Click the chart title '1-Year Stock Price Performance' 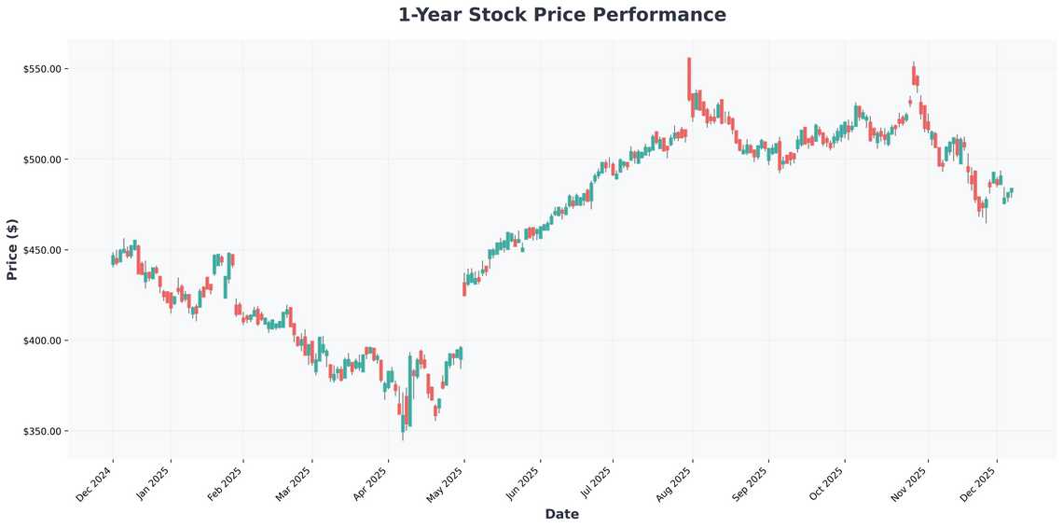(561, 15)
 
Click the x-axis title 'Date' (561, 514)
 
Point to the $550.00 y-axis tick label (42, 69)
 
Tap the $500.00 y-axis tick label (42, 160)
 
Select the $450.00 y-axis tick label (42, 250)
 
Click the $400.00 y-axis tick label (42, 340)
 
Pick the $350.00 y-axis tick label (42, 431)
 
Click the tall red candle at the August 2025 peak (689, 78)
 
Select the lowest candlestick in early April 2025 (403, 420)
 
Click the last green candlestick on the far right (1011, 191)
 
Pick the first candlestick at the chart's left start (113, 259)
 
